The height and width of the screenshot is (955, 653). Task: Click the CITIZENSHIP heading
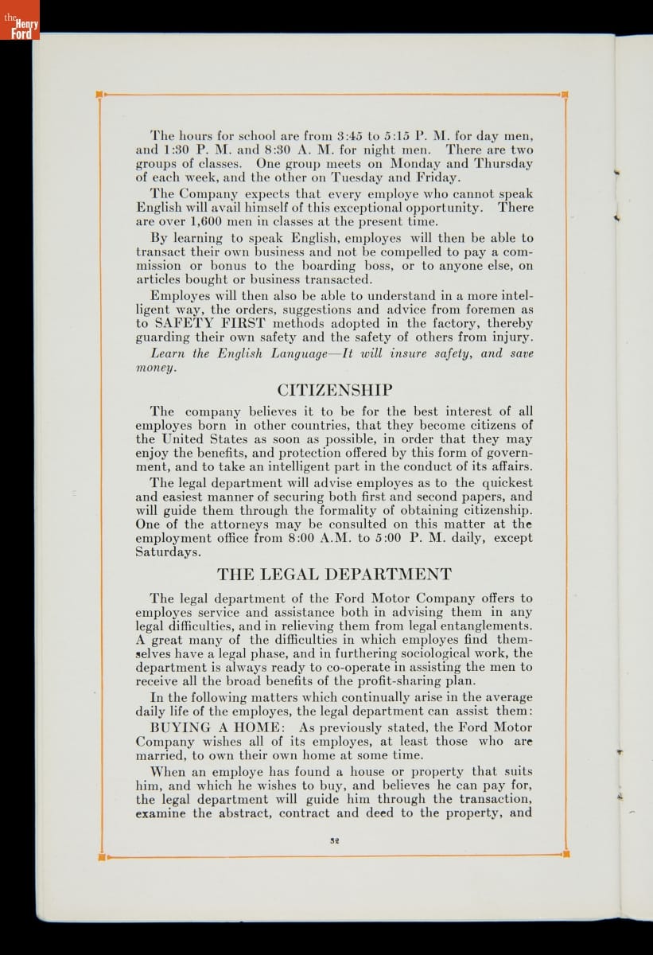pos(334,391)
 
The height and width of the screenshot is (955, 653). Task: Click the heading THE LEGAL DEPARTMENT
pos(334,575)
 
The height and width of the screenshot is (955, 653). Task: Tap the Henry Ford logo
pos(20,25)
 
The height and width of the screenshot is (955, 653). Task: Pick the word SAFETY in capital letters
pos(185,324)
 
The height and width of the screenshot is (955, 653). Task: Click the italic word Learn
pos(169,353)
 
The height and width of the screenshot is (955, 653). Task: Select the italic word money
pos(154,368)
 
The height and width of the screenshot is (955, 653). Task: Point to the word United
pos(182,439)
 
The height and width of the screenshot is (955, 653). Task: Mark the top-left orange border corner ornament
pos(99,95)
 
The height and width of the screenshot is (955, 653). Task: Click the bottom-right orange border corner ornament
pos(566,855)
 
